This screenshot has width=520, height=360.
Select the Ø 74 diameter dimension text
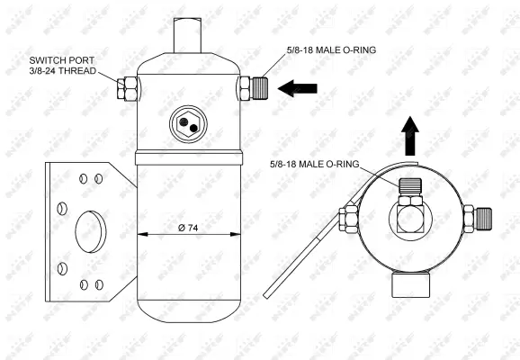point(188,227)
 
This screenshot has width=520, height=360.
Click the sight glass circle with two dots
point(188,123)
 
